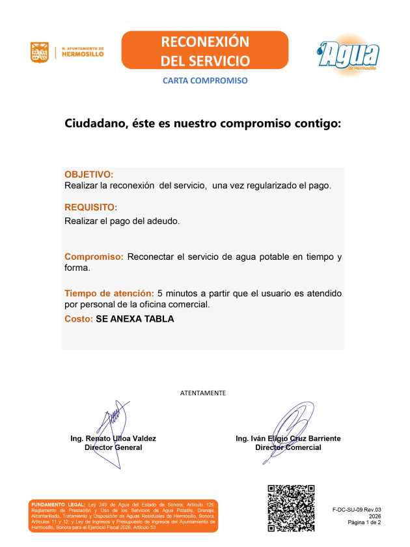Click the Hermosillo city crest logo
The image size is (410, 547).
coord(39,52)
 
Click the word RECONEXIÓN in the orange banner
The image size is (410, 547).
coord(204,42)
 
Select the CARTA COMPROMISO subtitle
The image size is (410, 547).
coord(204,81)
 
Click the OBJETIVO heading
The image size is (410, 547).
coord(89,175)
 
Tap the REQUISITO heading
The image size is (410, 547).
coord(90,208)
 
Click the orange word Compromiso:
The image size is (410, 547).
coord(94,257)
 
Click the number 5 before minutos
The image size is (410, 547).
coord(160,293)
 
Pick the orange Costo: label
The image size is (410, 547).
coord(78,319)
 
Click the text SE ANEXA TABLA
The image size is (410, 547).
coord(135,319)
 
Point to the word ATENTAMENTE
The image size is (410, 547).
coord(203,393)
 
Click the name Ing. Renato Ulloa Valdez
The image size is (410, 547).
coord(113,439)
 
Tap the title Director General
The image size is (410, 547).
coord(113,447)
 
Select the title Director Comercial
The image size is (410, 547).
coord(288,447)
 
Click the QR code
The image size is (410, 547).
coord(291,507)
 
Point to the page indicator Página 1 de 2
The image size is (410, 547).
coord(364,522)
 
